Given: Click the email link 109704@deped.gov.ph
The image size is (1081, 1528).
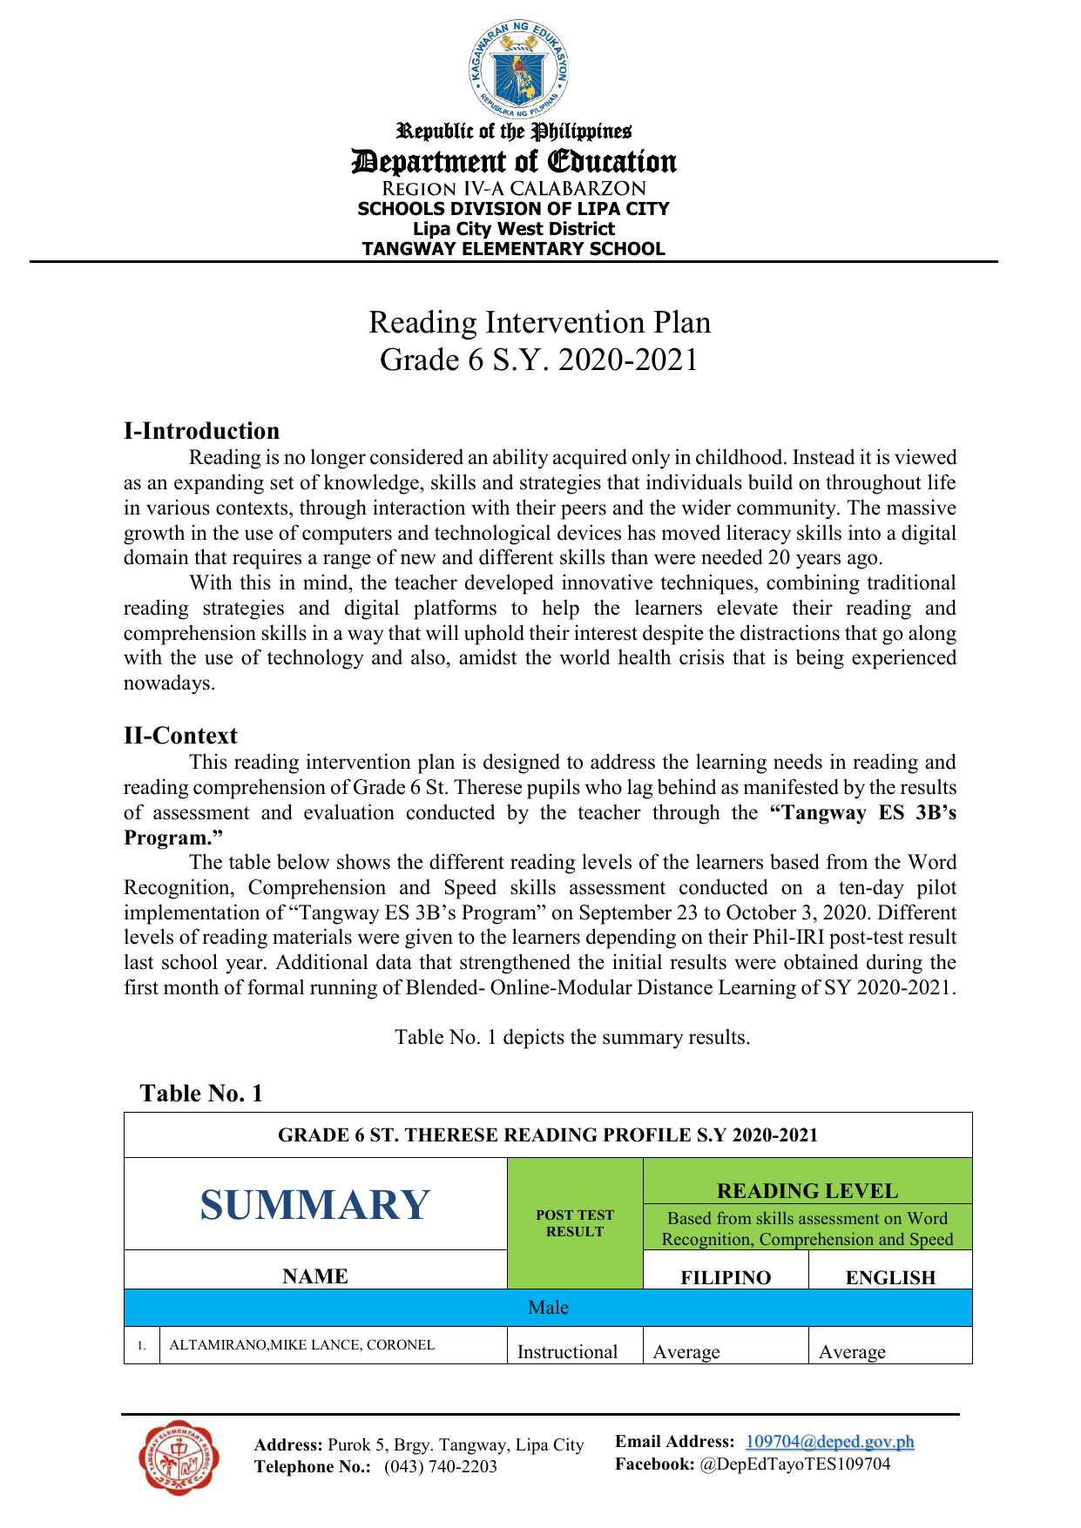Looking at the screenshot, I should pos(829,1442).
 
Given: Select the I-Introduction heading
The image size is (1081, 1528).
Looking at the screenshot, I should pos(201,431).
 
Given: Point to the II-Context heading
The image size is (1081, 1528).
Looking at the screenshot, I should pos(180,736).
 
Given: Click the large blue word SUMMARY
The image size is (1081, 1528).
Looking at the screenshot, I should pos(314,1205).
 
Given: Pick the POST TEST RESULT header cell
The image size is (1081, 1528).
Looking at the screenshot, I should pos(575,1223).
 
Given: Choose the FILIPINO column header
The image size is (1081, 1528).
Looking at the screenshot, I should pos(726,1277).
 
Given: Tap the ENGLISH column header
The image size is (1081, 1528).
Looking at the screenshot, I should pos(890,1277).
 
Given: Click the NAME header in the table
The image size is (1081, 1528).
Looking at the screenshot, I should pos(315,1276).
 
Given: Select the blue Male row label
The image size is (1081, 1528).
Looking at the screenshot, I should pos(548,1308).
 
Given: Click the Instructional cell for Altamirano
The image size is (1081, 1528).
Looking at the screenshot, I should pos(567,1351).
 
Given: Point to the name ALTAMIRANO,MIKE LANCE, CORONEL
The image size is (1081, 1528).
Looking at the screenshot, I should pos(301,1345).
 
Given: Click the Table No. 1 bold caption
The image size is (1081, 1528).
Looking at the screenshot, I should pos(201,1094).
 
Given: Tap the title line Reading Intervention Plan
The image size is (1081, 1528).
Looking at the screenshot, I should pos(539,322).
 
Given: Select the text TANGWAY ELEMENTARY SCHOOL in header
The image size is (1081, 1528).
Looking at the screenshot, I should pos(513,249).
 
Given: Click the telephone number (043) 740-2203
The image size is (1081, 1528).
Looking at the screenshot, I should pos(441,1467).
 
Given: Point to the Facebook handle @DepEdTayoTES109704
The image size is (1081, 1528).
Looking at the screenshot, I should pos(794,1464).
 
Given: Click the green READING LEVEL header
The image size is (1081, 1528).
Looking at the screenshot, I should pos(807,1190).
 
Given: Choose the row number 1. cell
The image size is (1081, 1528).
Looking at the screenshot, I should pos(141,1346).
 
